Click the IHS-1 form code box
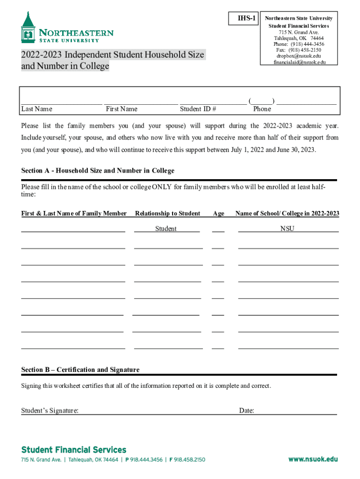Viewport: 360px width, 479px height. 246,19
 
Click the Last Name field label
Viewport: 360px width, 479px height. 37,109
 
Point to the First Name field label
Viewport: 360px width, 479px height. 122,109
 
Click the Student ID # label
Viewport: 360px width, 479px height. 198,109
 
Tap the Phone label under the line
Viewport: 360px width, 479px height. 262,109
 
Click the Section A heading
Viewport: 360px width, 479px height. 98,171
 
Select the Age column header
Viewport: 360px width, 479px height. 218,213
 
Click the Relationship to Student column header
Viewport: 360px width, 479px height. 167,213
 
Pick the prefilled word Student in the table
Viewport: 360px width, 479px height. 166,229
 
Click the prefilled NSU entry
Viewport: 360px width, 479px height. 287,229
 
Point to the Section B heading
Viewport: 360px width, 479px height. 80,370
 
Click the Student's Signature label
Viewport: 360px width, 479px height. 50,411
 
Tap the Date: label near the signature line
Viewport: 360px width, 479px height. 246,411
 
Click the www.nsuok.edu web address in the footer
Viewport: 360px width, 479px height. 313,459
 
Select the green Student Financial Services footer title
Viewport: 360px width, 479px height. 74,450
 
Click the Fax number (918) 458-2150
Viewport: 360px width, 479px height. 304,50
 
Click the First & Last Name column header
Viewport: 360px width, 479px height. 74,213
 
